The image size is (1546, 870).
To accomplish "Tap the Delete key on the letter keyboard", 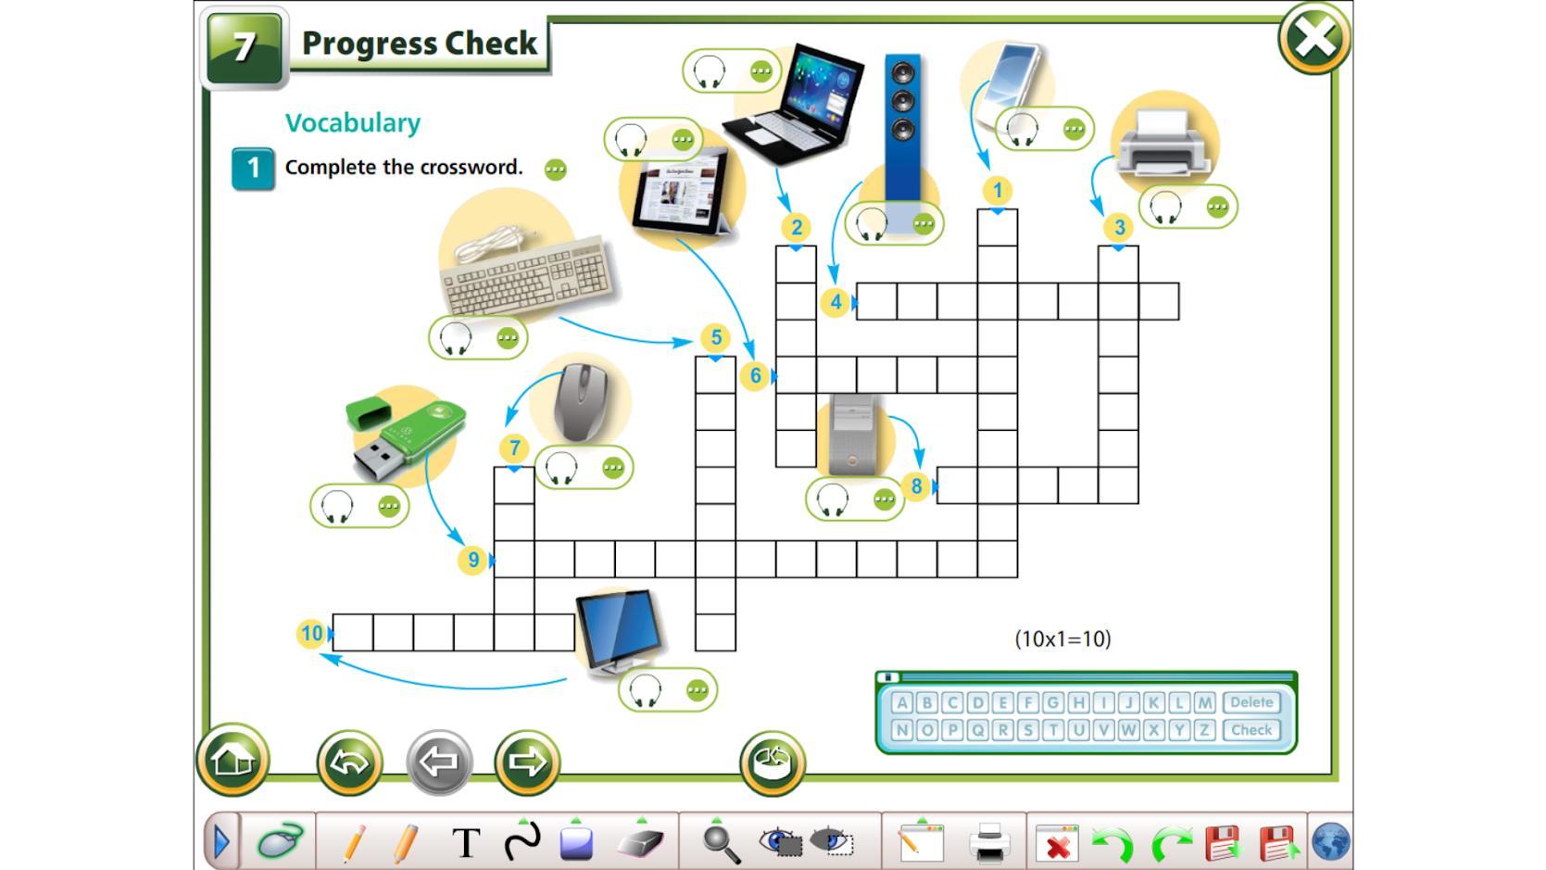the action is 1251,702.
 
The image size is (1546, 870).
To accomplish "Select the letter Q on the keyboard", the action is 977,730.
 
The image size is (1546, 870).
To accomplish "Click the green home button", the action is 233,760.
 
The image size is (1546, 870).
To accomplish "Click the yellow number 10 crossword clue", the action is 311,633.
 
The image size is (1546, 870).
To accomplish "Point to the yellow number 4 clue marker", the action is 836,302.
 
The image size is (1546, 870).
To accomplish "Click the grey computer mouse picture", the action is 581,402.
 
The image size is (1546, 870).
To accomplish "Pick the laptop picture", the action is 793,103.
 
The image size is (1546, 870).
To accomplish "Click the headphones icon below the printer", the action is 1165,207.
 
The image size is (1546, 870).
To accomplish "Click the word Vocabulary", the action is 353,123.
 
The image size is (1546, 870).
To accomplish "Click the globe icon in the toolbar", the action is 1330,842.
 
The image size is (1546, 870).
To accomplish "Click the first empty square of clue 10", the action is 353,633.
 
